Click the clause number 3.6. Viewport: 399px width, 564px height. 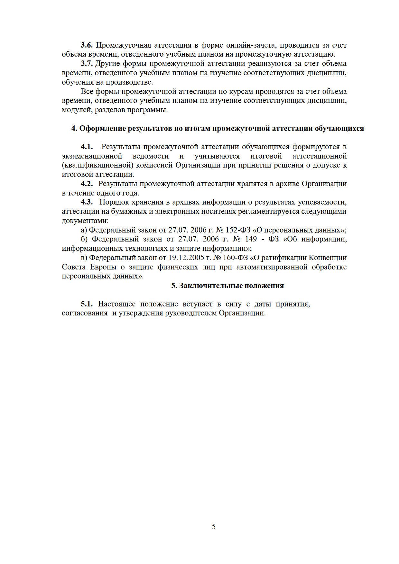87,45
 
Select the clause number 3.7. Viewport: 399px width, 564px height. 87,63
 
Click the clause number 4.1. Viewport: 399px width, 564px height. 87,147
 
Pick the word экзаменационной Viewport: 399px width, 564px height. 92,156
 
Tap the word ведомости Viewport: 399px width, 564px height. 151,156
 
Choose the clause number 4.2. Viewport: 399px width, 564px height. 87,184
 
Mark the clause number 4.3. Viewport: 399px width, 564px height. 87,202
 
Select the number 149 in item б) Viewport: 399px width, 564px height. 250,239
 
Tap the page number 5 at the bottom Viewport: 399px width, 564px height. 214,527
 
